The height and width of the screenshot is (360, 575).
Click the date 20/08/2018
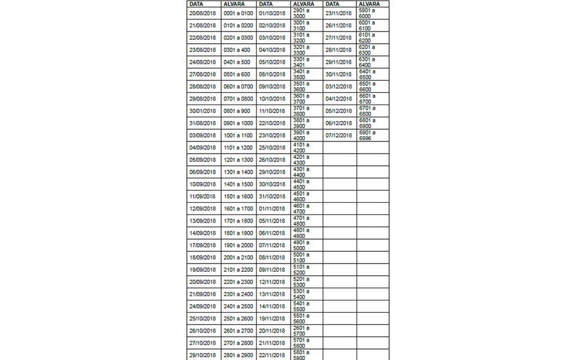(202, 13)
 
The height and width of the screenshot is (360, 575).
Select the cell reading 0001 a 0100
(238, 13)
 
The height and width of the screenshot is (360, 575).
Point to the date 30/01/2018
(202, 111)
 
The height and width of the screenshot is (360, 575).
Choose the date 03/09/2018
(202, 136)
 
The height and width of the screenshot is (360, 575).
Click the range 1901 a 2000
(238, 245)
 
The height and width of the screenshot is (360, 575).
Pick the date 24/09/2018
(202, 306)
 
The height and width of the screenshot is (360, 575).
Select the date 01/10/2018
(272, 13)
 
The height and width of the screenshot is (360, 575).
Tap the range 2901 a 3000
(302, 13)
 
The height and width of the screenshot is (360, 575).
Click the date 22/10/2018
(272, 123)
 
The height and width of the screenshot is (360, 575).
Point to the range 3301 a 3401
(302, 62)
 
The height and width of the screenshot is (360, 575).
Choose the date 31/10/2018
(272, 196)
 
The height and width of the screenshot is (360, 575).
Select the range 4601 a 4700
(302, 209)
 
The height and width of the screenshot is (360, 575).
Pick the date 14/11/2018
(272, 306)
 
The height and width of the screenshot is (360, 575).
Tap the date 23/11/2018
(339, 13)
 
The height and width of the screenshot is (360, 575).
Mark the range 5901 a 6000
(368, 13)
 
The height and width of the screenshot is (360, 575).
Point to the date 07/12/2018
(339, 136)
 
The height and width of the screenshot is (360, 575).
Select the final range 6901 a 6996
(368, 136)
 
